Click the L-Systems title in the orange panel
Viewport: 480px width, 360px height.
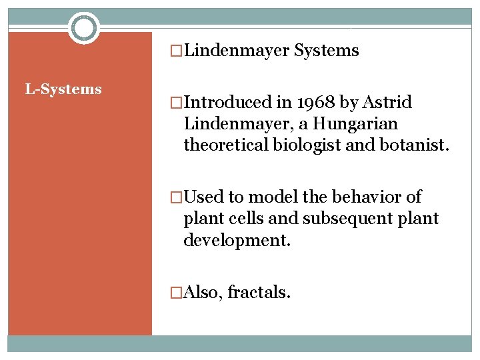point(63,89)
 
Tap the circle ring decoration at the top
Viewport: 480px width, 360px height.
point(83,28)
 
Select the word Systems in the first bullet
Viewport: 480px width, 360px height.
point(327,51)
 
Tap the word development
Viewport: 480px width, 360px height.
point(237,240)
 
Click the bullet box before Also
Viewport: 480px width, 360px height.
point(177,291)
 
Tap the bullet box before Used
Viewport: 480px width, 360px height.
point(177,197)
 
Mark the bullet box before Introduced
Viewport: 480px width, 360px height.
point(177,103)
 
